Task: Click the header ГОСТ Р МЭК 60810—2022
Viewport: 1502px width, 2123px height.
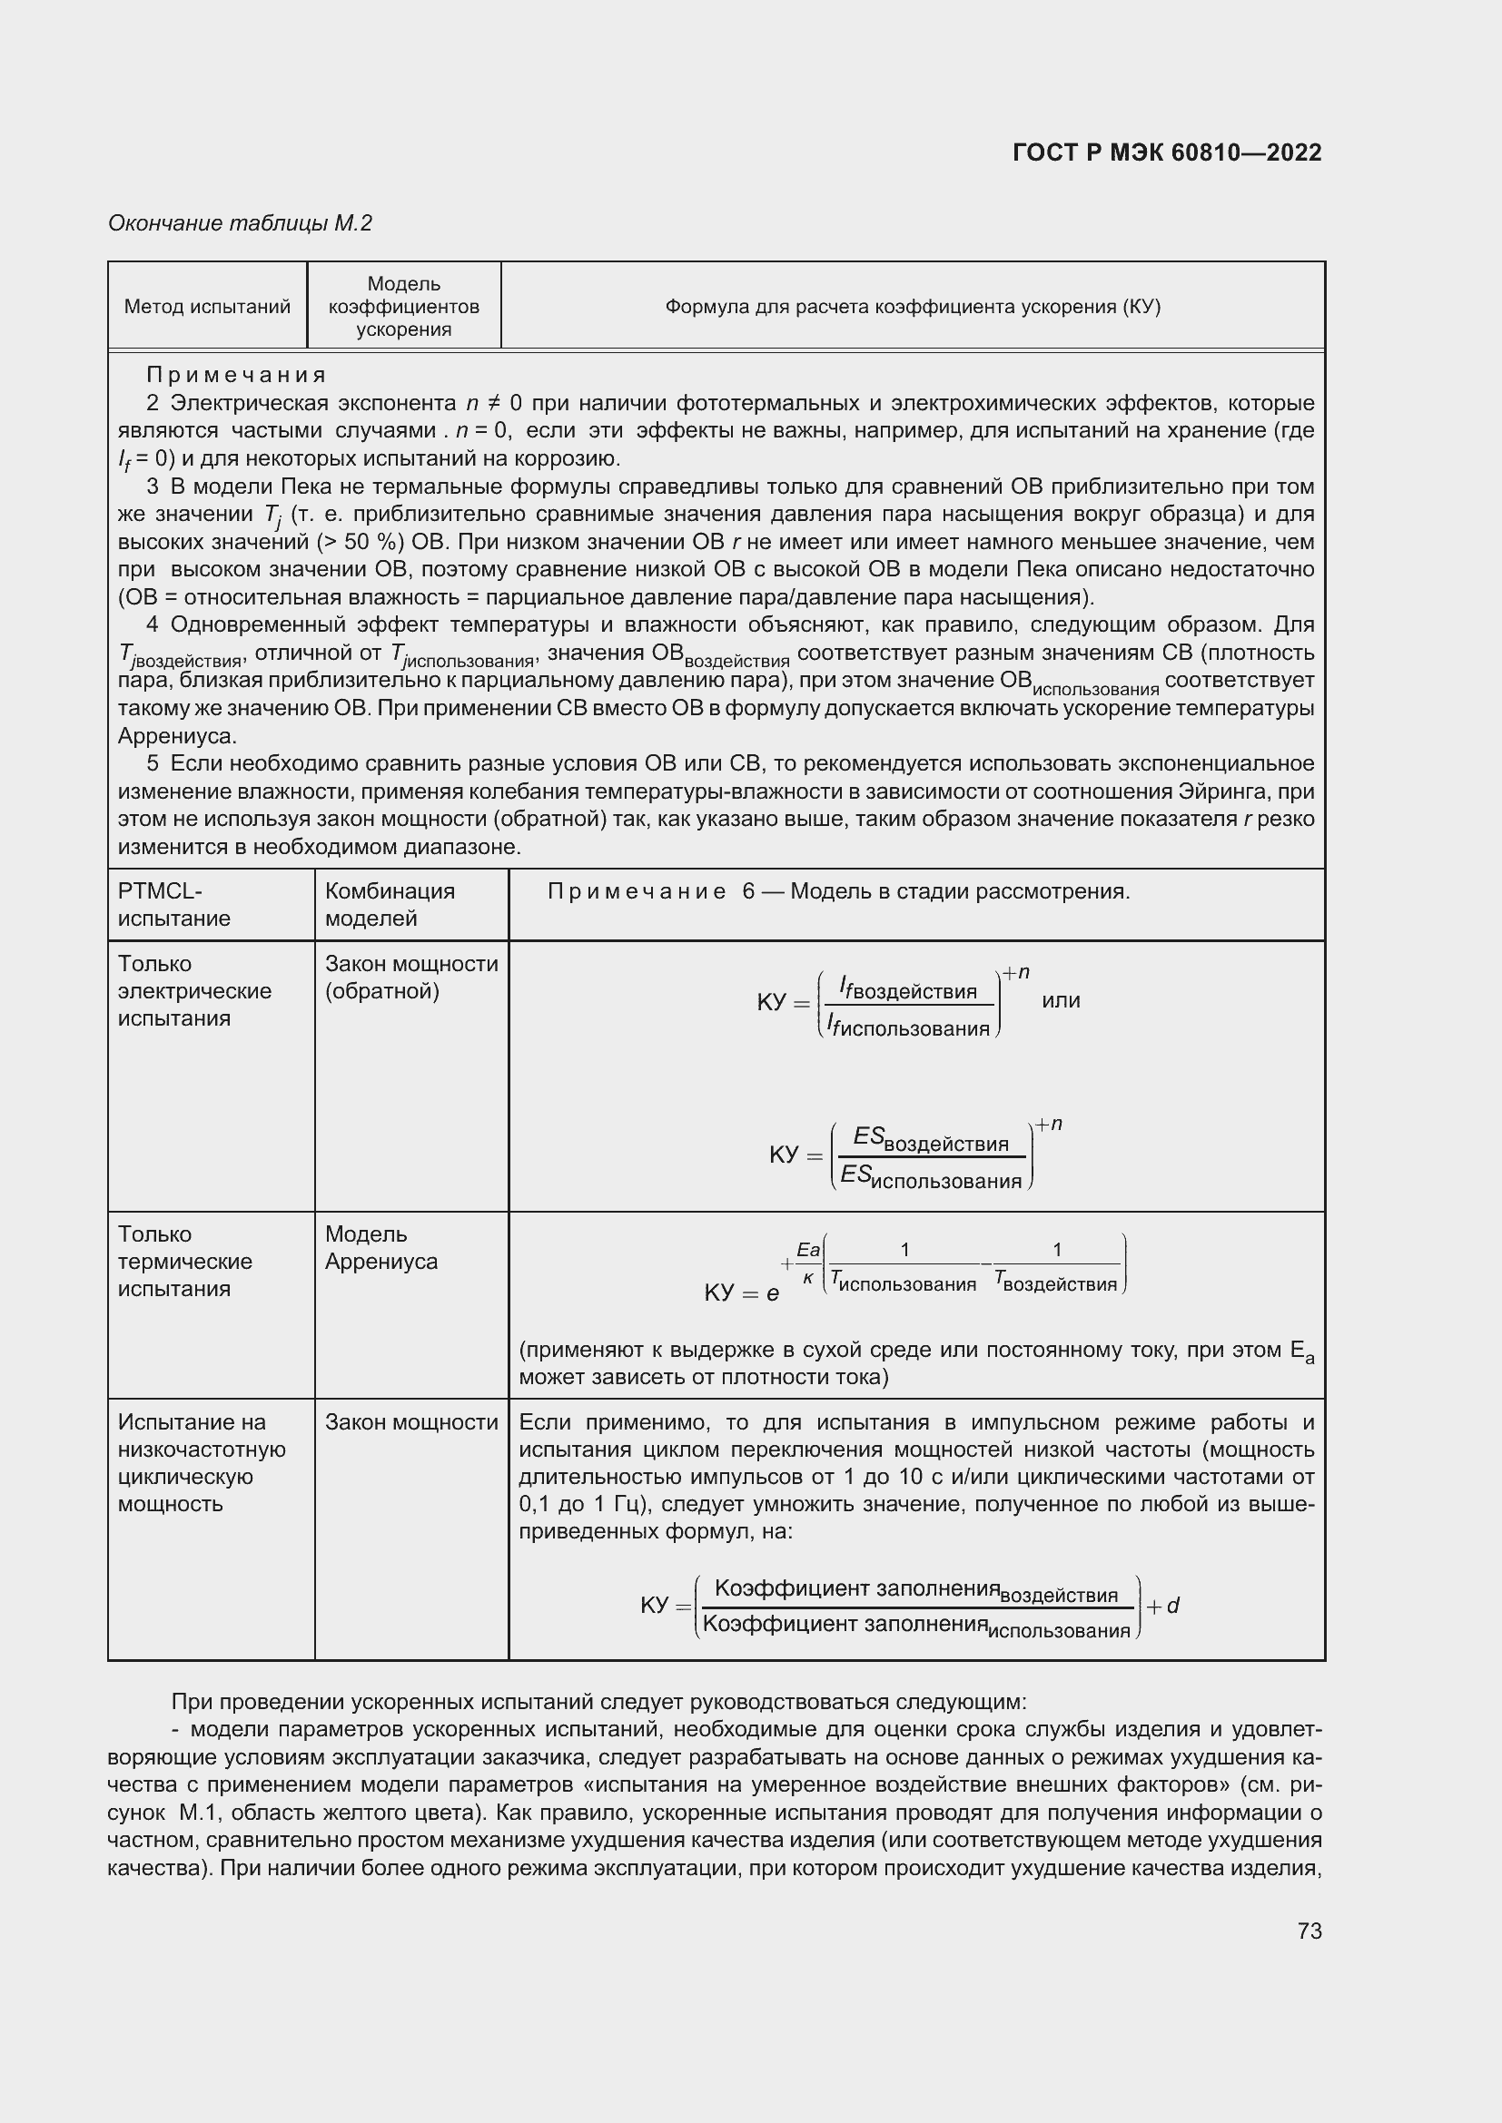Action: (1167, 152)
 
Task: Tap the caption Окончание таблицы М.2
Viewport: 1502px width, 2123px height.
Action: (240, 223)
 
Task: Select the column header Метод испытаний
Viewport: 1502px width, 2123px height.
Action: (207, 306)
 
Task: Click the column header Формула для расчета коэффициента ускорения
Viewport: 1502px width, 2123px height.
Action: (912, 306)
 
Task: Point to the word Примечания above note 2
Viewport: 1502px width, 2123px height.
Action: (237, 375)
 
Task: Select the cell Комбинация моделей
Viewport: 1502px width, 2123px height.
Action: (390, 904)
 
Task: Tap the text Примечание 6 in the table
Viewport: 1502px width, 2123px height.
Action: (651, 891)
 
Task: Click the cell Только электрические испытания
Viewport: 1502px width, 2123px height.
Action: (194, 990)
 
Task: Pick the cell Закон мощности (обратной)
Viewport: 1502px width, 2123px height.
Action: (410, 978)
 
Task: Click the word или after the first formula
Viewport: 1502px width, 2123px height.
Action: (1060, 1000)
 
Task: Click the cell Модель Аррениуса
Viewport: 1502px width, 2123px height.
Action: (380, 1247)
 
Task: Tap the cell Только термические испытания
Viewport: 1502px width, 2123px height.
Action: (184, 1262)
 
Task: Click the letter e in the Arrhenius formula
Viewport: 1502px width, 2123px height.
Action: (772, 1292)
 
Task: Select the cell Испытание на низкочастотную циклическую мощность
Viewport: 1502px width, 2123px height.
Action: (202, 1463)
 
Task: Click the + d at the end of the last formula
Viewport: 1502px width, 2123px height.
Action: (1162, 1607)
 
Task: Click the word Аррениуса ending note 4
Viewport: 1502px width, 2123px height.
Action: (178, 736)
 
